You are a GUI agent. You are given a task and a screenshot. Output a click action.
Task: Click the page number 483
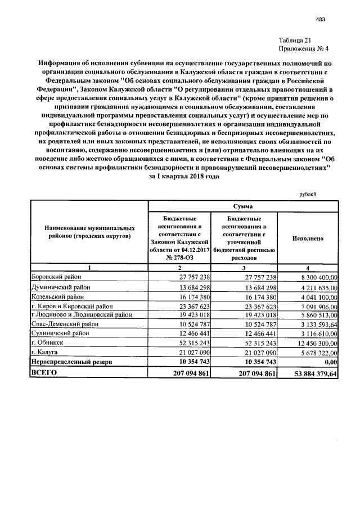coord(321,20)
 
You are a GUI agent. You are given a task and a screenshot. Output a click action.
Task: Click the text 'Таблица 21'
coord(295,40)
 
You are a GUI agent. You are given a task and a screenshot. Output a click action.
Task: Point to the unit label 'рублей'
coord(307,193)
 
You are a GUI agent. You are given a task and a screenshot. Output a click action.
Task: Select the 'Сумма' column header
coord(243,206)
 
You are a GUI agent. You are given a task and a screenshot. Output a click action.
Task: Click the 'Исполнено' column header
coord(308,238)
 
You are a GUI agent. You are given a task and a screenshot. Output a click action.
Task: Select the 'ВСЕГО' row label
coord(45,372)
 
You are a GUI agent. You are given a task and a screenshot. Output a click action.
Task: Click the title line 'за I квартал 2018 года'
coord(180,176)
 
